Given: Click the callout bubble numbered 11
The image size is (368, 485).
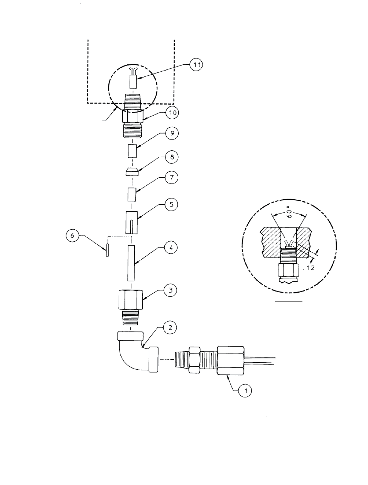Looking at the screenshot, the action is [196, 64].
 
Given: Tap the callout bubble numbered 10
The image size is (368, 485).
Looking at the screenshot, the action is [172, 113].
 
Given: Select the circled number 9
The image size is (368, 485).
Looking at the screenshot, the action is [172, 133].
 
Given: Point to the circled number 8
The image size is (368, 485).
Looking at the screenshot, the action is [172, 157].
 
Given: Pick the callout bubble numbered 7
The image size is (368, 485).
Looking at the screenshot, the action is [172, 177].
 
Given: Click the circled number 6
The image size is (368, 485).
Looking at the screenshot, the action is [73, 236].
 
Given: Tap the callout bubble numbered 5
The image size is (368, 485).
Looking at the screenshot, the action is [171, 204].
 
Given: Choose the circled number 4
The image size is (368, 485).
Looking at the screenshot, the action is [171, 248].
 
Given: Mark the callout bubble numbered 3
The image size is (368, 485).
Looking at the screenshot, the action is [170, 290].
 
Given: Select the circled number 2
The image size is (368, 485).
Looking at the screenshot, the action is [170, 327].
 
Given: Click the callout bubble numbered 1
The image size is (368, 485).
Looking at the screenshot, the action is [245, 391].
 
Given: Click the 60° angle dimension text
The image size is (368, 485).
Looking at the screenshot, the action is [289, 212].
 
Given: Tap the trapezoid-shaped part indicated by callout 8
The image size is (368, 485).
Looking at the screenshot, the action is [132, 172].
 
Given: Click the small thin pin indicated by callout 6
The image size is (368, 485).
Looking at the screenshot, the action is [107, 250].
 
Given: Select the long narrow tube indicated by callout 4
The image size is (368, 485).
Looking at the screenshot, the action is [131, 263].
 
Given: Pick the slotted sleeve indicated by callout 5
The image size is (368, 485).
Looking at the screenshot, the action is [132, 222].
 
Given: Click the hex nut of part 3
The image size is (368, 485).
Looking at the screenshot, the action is [130, 300].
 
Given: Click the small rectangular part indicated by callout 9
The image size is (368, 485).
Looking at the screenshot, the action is [132, 151].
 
